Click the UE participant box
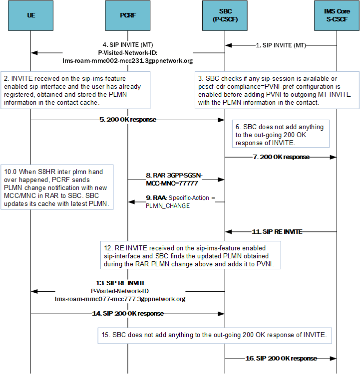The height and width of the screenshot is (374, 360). [31, 15]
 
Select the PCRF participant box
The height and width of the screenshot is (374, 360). [128, 15]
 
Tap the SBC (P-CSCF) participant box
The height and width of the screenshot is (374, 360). [224, 15]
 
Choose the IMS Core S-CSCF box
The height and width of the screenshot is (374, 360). [337, 15]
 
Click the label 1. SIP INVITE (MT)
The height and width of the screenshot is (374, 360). [281, 45]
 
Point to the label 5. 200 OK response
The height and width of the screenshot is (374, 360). [128, 120]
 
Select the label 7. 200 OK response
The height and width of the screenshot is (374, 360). [281, 157]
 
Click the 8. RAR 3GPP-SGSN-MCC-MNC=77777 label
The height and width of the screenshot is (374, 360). [175, 180]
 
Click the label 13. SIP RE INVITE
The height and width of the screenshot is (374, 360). [120, 283]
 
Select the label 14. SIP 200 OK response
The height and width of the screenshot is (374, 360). [128, 314]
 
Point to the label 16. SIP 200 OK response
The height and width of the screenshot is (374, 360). [281, 358]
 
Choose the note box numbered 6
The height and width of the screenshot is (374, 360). [280, 135]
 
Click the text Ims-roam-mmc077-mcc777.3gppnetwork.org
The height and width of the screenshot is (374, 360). [120, 299]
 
